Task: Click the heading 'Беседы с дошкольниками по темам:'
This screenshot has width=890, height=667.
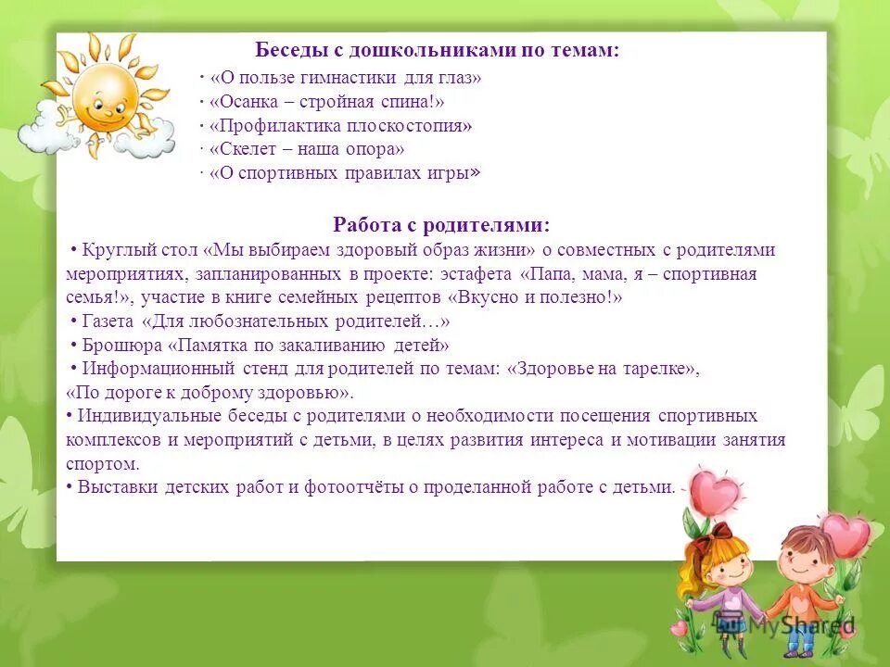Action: point(437,51)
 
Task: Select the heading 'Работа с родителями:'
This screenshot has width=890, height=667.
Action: point(440,225)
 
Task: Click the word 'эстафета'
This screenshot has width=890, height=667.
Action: point(481,274)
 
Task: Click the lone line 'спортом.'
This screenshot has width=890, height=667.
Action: point(103,464)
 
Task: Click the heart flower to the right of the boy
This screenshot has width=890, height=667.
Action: point(846,534)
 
